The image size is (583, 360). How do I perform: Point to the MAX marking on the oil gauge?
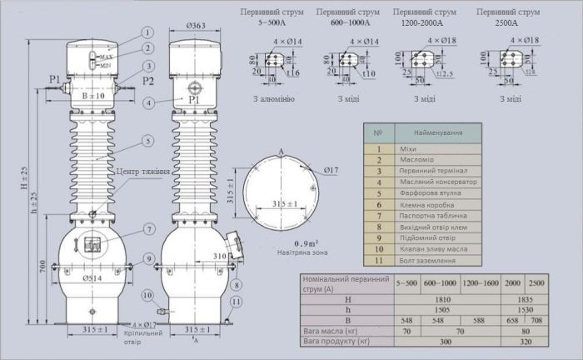[107, 57]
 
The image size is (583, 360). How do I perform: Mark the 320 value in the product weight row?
[525, 342]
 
